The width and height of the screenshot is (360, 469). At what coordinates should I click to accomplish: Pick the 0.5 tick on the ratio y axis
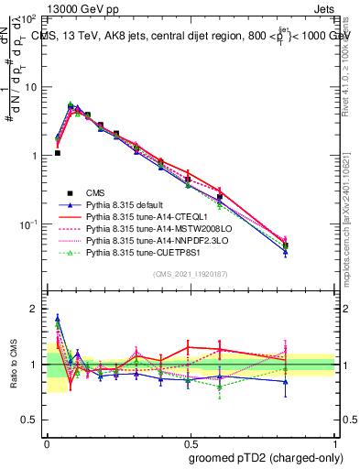[x=30, y=420]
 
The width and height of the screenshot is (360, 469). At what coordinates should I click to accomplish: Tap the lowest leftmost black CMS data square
[x=57, y=153]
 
